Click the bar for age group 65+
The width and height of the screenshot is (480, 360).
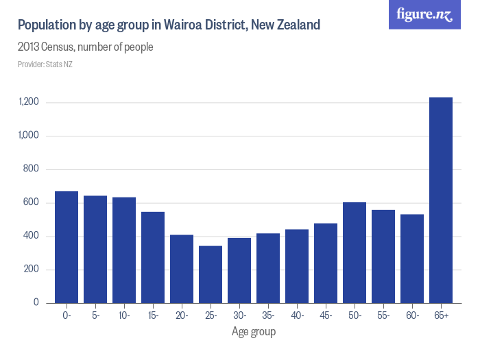coord(440,200)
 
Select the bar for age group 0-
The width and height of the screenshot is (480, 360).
coord(67,247)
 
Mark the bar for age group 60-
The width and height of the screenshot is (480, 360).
coord(412,259)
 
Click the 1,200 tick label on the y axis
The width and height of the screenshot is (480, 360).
coord(29,102)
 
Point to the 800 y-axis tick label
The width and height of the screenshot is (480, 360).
coord(32,169)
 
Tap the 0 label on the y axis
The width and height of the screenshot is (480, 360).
coord(36,303)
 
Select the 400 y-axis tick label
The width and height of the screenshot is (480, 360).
coord(32,236)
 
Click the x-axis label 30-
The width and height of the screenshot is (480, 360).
coord(239,316)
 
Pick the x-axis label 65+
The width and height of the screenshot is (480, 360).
coord(441,316)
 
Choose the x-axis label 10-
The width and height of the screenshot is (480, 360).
coord(124,316)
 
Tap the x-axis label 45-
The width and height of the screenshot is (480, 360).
coord(326,316)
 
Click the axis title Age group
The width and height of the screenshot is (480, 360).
coord(254,333)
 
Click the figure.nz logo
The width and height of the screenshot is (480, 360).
coord(425,14)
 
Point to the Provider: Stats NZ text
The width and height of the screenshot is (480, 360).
coord(45,64)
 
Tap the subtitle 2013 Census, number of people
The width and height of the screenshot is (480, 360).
coord(86,47)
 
